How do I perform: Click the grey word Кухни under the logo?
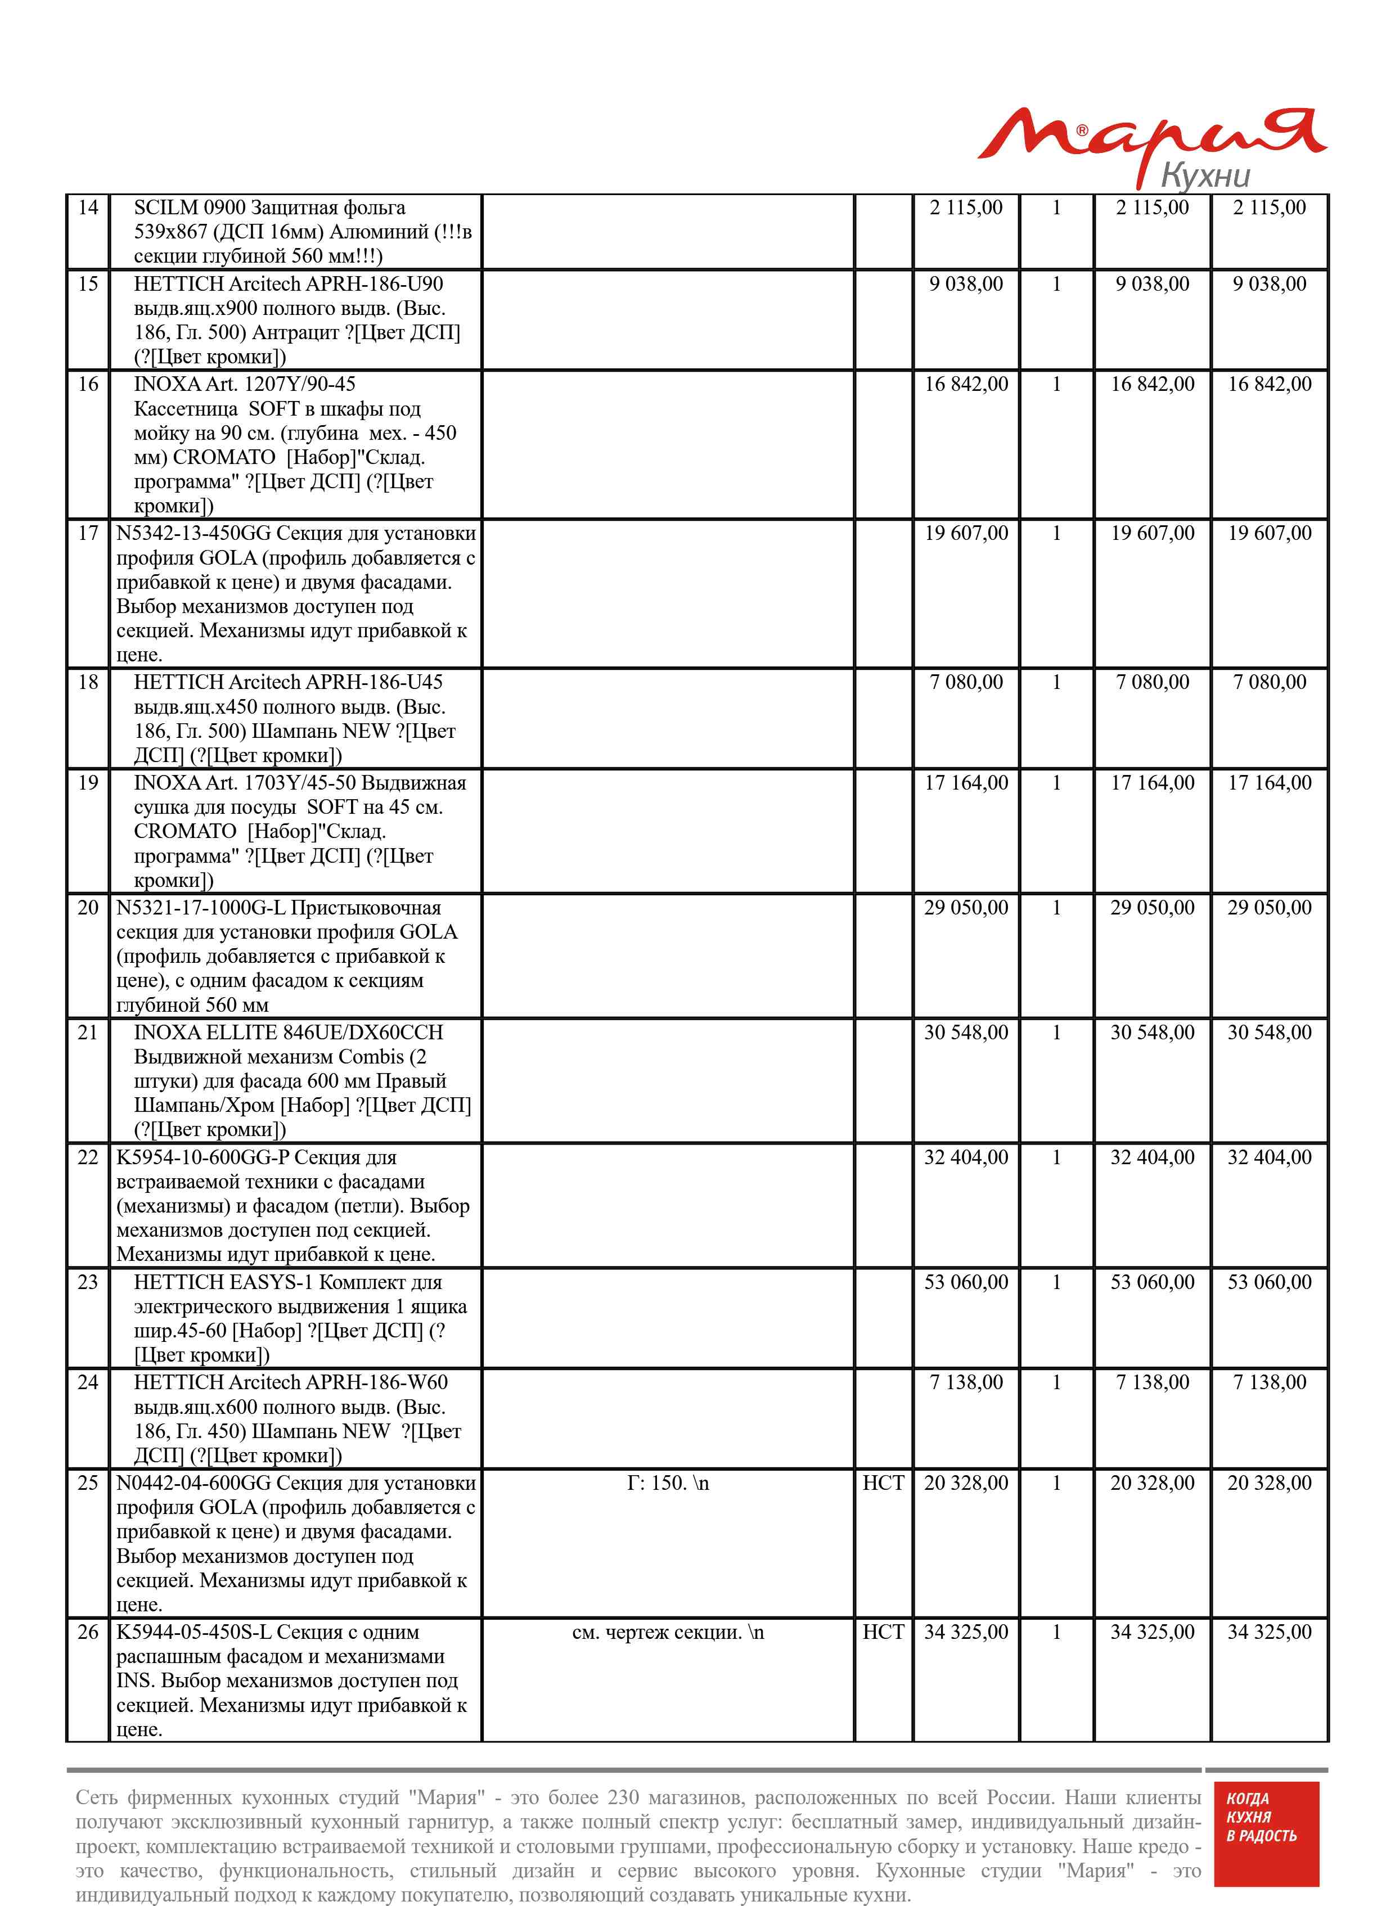1205,175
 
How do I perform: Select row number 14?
88,208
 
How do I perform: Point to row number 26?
88,1632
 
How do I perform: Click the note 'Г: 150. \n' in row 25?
667,1483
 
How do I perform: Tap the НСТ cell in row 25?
883,1483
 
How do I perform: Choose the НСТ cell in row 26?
883,1632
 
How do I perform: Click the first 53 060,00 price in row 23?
965,1282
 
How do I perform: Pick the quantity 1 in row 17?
1056,534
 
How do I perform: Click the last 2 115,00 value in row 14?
1268,208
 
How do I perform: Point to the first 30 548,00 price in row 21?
965,1033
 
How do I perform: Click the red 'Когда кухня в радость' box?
1265,1833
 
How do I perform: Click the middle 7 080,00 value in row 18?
1152,682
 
